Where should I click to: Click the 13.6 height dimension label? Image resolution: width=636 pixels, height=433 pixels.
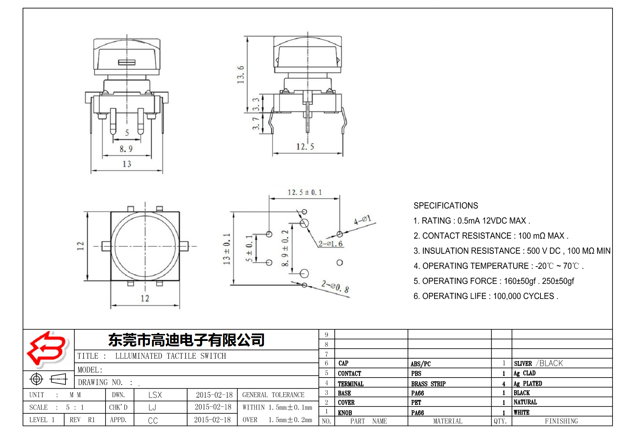coord(241,74)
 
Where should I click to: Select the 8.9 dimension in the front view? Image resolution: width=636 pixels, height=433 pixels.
coord(126,149)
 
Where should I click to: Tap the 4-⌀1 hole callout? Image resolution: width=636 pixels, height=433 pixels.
coord(362,220)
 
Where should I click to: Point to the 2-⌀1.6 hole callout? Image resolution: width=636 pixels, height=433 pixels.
coord(331,243)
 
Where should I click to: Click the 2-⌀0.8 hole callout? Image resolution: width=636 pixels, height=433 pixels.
coord(336,287)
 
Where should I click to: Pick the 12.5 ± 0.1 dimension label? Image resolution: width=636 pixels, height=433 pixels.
coord(304,192)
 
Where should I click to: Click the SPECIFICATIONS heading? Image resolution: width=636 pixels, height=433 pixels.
coord(446,206)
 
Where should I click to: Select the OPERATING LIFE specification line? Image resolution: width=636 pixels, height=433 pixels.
coord(485,296)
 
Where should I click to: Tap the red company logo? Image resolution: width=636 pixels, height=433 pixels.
coord(47,348)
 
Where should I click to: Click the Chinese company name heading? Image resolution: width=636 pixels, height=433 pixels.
coord(186,340)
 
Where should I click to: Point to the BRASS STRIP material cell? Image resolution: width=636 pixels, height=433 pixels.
coord(428,384)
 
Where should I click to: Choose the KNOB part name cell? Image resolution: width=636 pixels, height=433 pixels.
coord(345,413)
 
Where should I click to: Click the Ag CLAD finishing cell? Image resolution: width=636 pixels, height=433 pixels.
coord(524,373)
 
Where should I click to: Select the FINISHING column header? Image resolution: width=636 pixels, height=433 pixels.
coord(561,421)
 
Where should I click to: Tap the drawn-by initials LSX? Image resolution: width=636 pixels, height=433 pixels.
coord(155,395)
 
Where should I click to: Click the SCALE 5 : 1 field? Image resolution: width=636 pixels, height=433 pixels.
coord(56,407)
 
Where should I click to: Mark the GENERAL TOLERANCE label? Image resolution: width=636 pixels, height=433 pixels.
coord(273,395)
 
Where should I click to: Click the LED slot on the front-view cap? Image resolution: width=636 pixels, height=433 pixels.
coord(127,62)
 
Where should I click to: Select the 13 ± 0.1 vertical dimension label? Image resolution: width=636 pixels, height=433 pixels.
coord(227,248)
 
